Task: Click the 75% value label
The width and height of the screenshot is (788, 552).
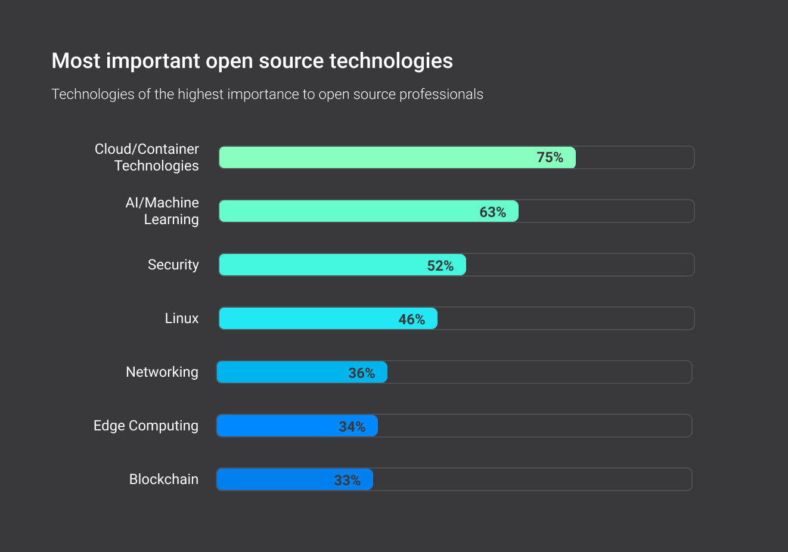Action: [x=550, y=157]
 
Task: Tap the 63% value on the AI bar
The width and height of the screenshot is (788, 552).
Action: [x=492, y=212]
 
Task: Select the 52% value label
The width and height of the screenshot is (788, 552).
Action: [x=440, y=266]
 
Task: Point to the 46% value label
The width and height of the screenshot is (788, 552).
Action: [x=411, y=320]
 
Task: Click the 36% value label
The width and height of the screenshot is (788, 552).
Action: [x=361, y=373]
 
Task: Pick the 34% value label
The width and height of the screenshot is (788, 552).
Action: [x=352, y=427]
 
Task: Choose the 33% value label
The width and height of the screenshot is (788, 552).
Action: [x=347, y=480]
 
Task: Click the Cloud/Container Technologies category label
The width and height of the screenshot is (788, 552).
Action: [x=147, y=157]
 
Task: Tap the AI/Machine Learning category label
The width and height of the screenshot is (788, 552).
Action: [x=162, y=211]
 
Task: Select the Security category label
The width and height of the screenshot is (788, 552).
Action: [x=173, y=265]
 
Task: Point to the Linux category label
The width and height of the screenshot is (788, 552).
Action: [x=182, y=318]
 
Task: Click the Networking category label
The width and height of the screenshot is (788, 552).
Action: [x=162, y=372]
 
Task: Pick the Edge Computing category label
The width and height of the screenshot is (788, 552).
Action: [x=146, y=426]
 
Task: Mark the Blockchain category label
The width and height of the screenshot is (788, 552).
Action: [x=164, y=479]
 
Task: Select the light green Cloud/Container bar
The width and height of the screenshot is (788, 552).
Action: [x=376, y=157]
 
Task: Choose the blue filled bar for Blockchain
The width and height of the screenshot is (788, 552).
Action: [x=274, y=479]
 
